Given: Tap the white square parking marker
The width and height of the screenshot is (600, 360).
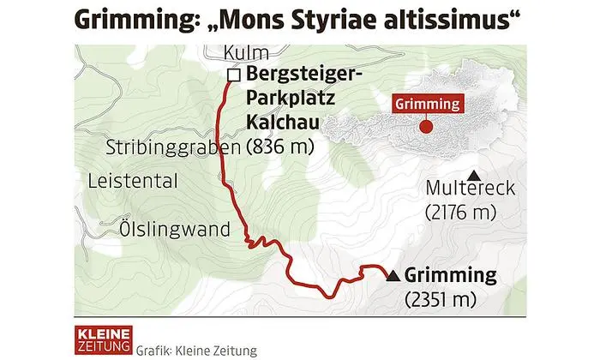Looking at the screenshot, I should coord(232,75).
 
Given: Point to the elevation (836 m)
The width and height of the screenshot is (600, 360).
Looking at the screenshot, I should coord(279,147).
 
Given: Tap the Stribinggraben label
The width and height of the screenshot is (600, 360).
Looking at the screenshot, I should coord(174,147).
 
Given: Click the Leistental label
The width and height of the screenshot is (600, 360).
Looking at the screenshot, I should coord(133,181).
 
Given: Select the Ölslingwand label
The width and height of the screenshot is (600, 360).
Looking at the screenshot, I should coord(176,230).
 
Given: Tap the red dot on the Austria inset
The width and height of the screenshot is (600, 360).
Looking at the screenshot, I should coord(426,129).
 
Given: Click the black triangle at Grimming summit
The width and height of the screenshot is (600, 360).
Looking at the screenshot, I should coord(393,276).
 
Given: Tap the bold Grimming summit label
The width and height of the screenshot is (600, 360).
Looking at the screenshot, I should coord(450,276).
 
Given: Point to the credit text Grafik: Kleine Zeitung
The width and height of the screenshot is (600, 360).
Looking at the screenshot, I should coord(196,351).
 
